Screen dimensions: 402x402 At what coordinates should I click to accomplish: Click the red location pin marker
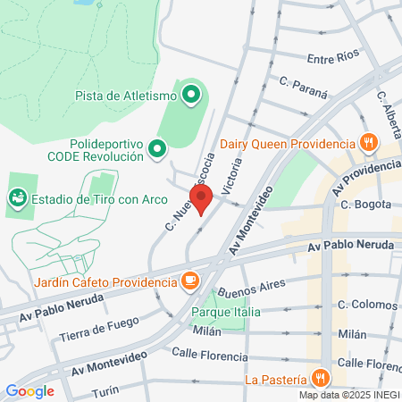pyautogui.click(x=201, y=201)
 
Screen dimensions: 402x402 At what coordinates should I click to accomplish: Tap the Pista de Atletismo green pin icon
pyautogui.click(x=190, y=94)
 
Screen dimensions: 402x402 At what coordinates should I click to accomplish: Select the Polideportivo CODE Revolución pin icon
pyautogui.click(x=158, y=148)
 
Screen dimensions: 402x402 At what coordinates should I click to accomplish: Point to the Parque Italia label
pyautogui.click(x=225, y=312)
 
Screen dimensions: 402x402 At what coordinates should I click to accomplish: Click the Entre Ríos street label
pyautogui.click(x=332, y=59)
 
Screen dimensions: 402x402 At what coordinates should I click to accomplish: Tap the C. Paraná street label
pyautogui.click(x=303, y=91)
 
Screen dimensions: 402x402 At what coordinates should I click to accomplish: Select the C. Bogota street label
pyautogui.click(x=366, y=205)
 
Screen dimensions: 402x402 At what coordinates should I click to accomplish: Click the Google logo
pyautogui.click(x=29, y=390)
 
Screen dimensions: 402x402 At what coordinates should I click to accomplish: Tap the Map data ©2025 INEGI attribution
pyautogui.click(x=348, y=395)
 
